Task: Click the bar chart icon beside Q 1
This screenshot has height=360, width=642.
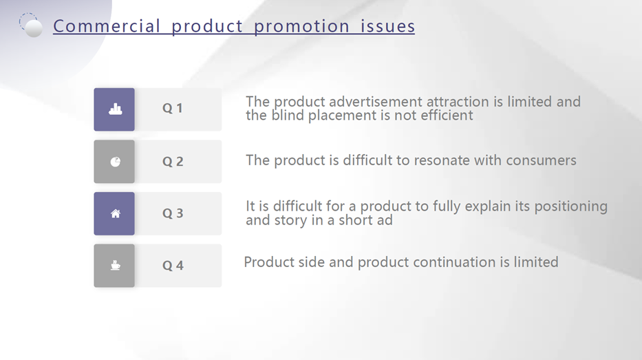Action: pos(116,109)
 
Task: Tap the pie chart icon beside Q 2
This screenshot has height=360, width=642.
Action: pos(116,162)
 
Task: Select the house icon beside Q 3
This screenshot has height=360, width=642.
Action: pos(116,213)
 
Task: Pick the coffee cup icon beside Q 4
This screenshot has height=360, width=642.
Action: pos(116,266)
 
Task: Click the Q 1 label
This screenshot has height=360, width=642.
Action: pos(173,108)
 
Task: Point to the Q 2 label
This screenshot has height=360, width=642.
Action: pos(173,161)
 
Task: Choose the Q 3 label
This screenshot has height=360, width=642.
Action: pos(173,213)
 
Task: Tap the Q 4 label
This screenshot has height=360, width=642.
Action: pos(173,266)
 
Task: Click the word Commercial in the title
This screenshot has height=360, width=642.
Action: pos(107,26)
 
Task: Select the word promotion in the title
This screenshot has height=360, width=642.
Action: pos(302,27)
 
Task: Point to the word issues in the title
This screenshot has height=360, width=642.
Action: pos(387,26)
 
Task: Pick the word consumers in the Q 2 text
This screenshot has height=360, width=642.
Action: pos(541,160)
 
